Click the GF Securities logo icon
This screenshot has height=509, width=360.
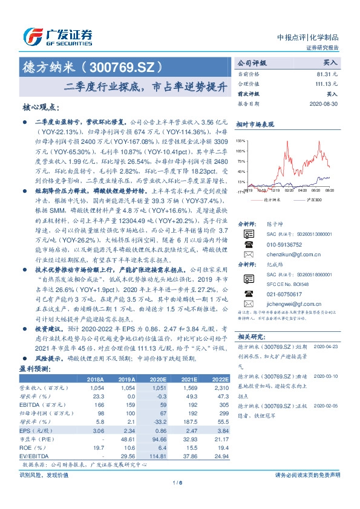tap(31, 35)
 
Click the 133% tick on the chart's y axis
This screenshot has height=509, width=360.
tap(241, 140)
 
